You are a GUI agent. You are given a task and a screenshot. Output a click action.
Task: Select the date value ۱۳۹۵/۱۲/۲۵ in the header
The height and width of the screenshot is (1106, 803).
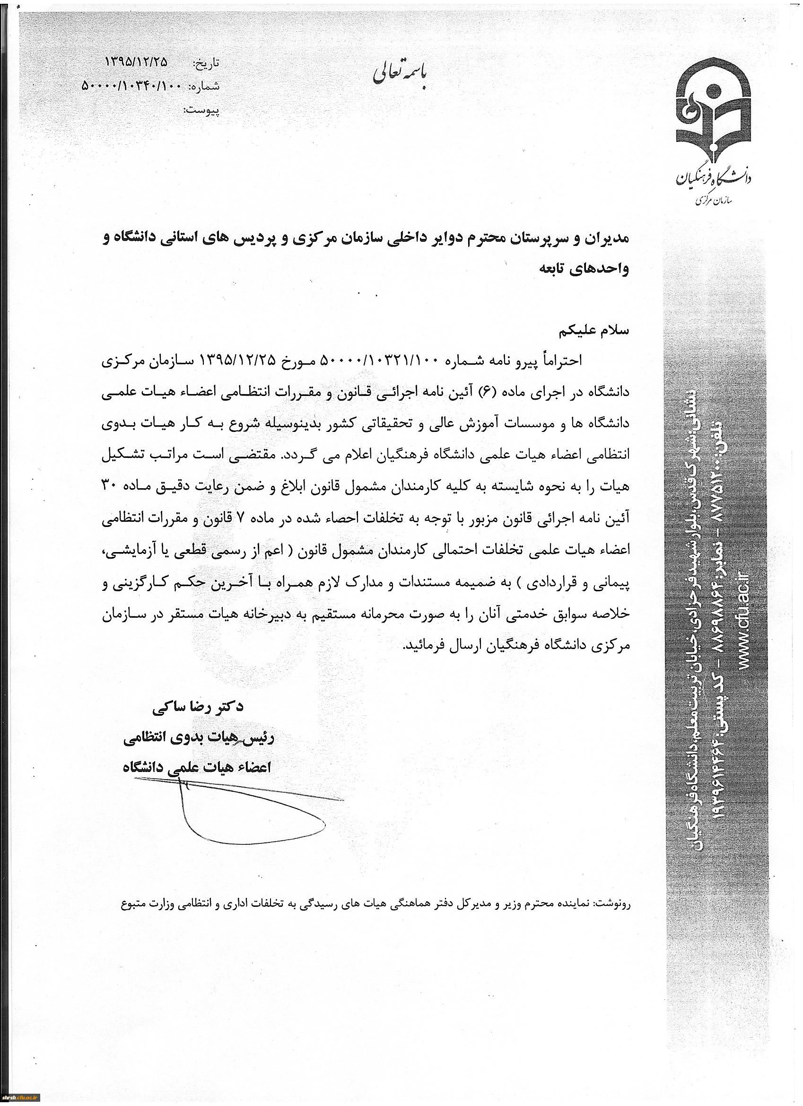(x=136, y=62)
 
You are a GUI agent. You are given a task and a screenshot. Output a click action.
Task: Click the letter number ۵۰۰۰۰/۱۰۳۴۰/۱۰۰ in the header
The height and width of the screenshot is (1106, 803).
(x=131, y=87)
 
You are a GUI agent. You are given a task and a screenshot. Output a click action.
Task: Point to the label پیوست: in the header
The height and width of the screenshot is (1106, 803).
(x=201, y=111)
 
